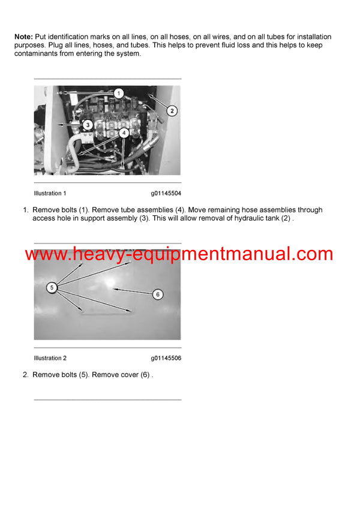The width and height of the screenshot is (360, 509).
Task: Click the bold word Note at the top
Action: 24,37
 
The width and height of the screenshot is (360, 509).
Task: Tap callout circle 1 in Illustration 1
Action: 119,93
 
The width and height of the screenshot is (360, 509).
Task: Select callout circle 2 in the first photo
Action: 172,110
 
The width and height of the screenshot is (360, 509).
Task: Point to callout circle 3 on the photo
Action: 87,125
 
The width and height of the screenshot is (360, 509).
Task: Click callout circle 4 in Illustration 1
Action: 123,132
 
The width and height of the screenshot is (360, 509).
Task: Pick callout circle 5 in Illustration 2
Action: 52,288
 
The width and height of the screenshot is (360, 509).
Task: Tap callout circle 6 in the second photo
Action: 157,294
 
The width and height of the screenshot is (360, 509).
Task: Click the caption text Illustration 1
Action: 50,194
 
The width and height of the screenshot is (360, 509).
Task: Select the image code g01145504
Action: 166,194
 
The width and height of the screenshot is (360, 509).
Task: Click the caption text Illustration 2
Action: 50,359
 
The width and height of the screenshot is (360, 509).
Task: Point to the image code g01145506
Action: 166,359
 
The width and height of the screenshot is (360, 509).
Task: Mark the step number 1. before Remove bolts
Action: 26,210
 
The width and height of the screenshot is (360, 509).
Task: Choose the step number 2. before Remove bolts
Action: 26,375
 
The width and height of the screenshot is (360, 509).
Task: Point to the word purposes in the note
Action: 30,46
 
